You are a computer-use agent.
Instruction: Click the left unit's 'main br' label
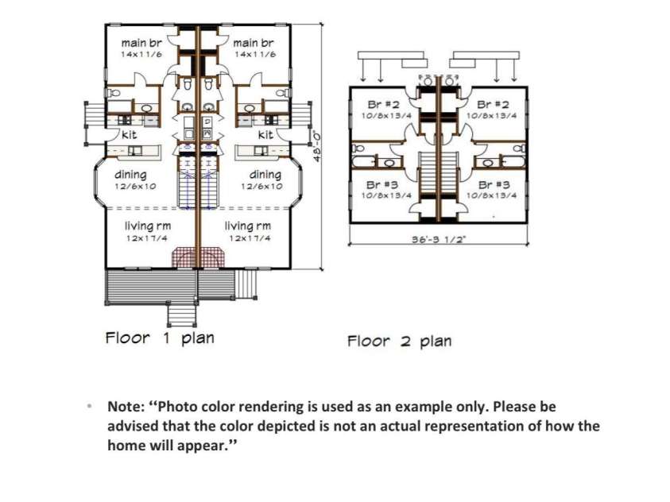coord(141,43)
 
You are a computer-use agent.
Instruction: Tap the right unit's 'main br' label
coord(254,43)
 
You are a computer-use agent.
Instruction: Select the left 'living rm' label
coord(148,226)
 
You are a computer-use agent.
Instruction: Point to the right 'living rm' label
coord(248,226)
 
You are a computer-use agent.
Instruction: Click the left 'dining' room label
coord(131,175)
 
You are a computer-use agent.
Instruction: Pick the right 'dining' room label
coord(265,175)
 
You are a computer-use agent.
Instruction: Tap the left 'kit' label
coord(129,135)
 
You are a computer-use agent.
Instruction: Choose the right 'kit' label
coord(265,135)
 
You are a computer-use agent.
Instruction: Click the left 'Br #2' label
coord(383,105)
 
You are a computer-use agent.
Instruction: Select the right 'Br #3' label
coord(494,185)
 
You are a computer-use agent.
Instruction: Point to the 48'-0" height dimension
coord(317,146)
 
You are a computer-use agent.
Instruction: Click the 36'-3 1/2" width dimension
coord(439,239)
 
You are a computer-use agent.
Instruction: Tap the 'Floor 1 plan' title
coord(160,338)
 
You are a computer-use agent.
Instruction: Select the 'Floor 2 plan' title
coord(400,341)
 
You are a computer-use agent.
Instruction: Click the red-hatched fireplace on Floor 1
coord(198,257)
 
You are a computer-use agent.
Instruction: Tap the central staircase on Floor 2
coord(439,172)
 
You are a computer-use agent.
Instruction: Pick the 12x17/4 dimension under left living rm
coord(146,238)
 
